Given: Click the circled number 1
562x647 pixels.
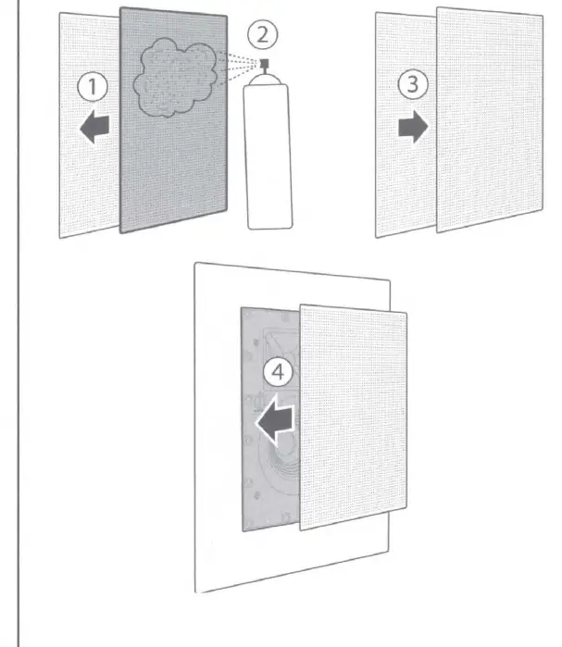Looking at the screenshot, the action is pos(93,87).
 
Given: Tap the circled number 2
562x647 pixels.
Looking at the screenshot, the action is pos(262,34).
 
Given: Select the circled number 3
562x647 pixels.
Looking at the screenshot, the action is pos(413,84).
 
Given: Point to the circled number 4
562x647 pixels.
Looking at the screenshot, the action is pos(279,372).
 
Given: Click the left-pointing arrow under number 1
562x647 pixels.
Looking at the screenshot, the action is pos(94,127).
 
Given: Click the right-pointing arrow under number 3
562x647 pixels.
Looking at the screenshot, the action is pos(414,126).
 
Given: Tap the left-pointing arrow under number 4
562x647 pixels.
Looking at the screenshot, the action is pos(275,422).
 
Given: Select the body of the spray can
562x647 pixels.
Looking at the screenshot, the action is pos(269,156).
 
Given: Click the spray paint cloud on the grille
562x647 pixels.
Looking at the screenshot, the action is pos(176,77).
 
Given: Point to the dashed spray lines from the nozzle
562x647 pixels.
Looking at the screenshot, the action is pos(237,68).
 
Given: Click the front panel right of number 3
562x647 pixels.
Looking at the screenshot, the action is pos(490,119).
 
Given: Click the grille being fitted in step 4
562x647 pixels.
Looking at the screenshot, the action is pos(353,417).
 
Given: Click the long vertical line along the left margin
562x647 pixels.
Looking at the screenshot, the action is pos(19,324).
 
